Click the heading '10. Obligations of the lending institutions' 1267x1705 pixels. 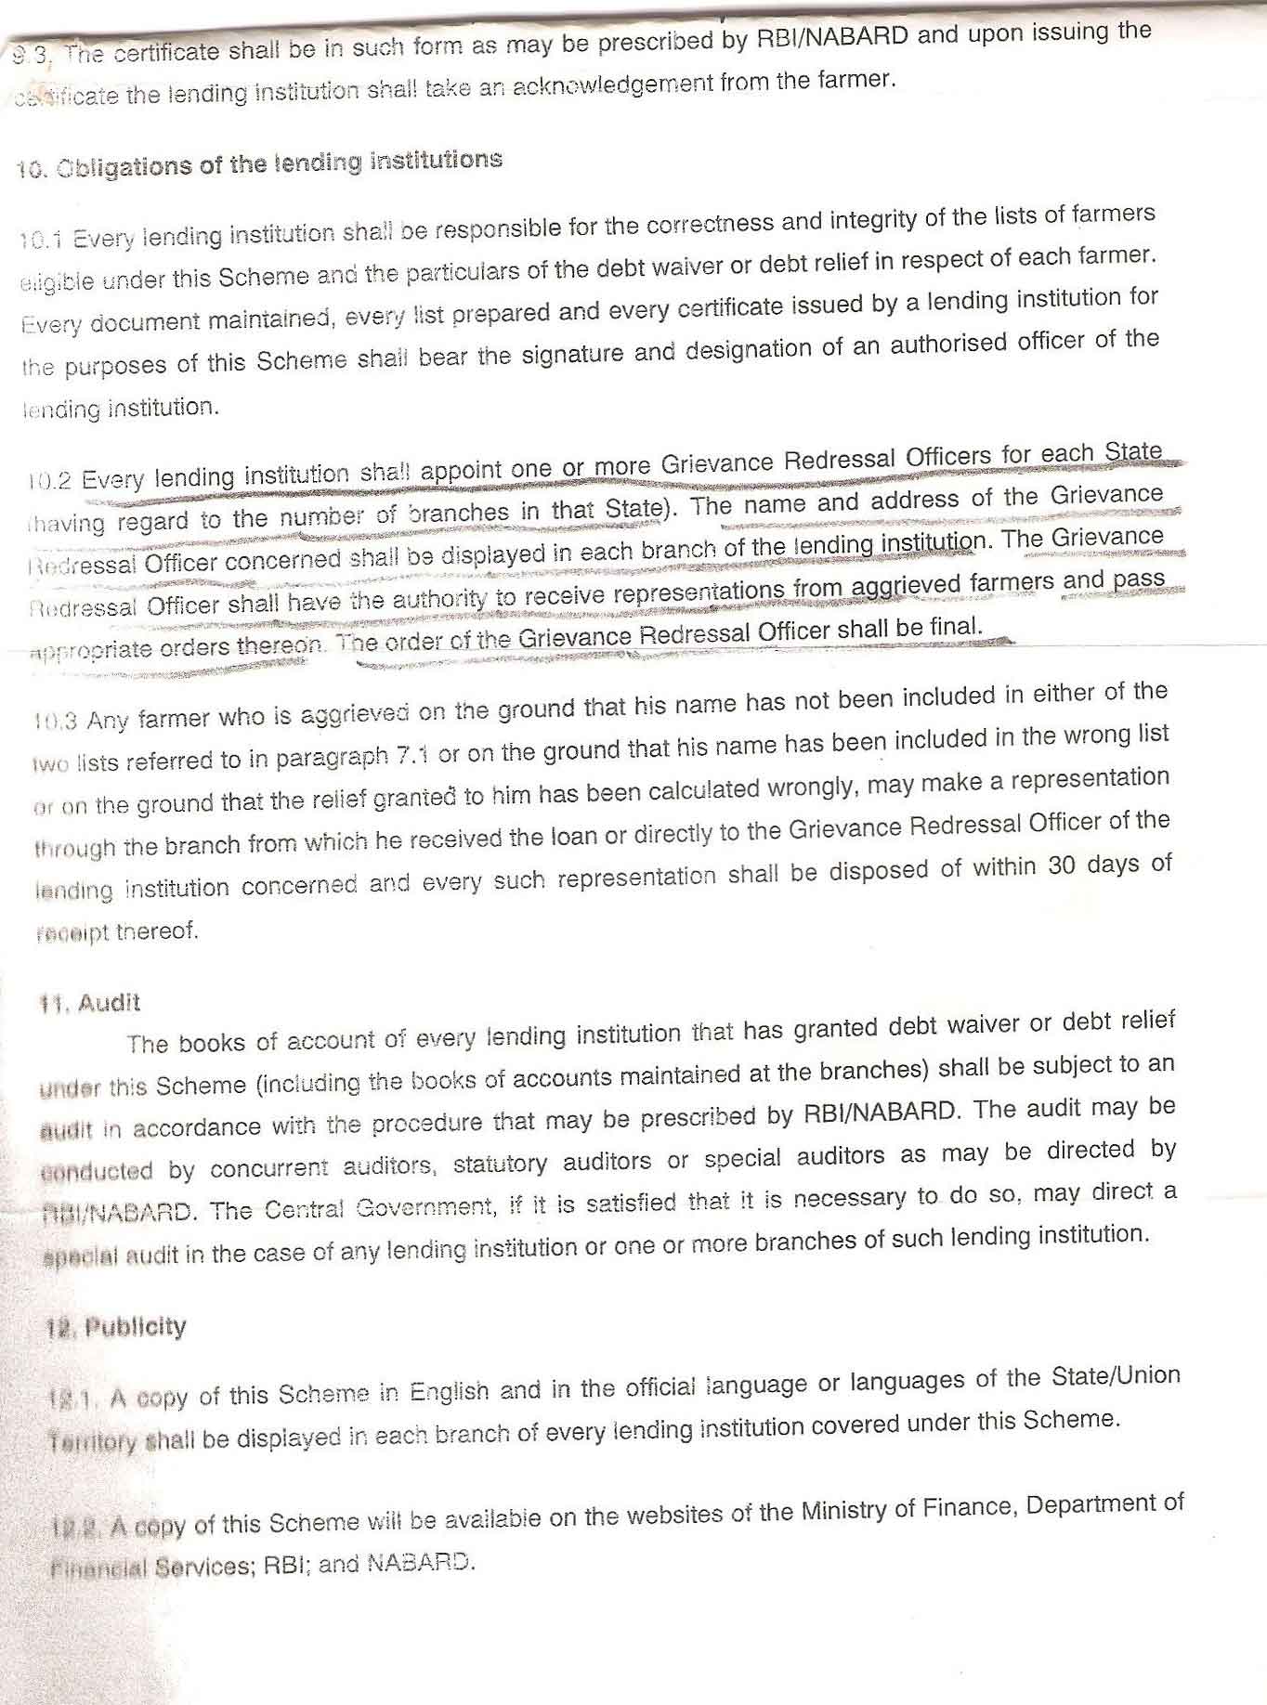(x=259, y=164)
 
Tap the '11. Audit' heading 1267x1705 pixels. (x=89, y=1003)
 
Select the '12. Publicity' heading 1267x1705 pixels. (x=116, y=1327)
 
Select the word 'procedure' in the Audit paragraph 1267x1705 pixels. (x=426, y=1122)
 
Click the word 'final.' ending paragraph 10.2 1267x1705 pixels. (x=954, y=627)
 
